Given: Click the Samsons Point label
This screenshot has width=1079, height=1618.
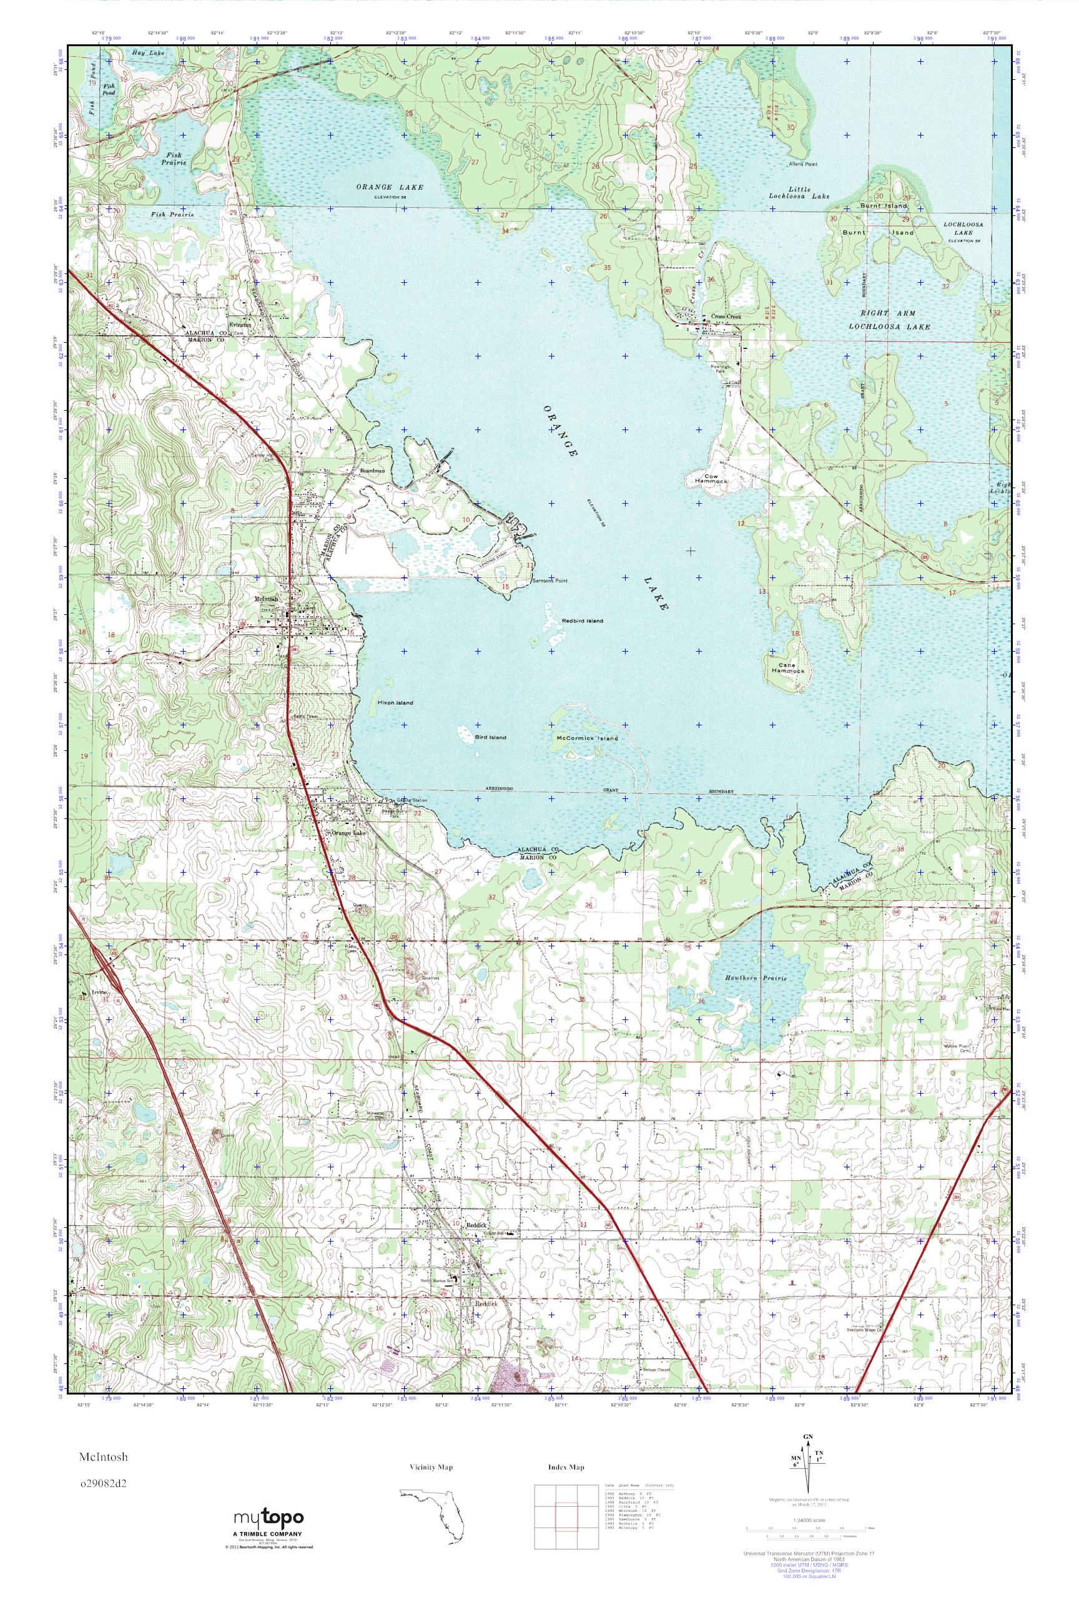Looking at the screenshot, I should coord(550,581).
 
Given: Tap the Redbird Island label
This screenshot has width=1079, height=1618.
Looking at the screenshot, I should coord(582,620).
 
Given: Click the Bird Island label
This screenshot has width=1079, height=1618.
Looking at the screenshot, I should coord(490,737).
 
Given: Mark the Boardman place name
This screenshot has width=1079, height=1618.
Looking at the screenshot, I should coord(372,471).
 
